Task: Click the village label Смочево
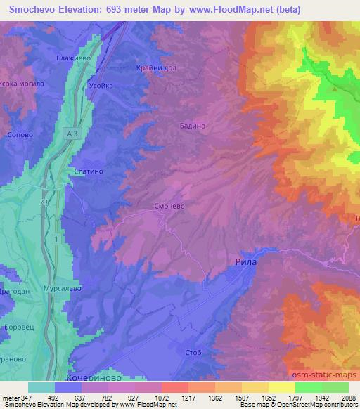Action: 168,207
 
